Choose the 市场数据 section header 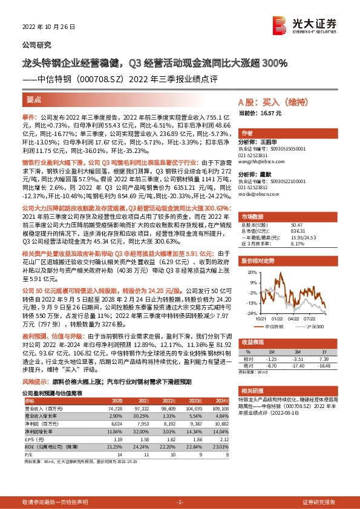point(253,216)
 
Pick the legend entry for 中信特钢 point(273,326)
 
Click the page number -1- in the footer point(180,502)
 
